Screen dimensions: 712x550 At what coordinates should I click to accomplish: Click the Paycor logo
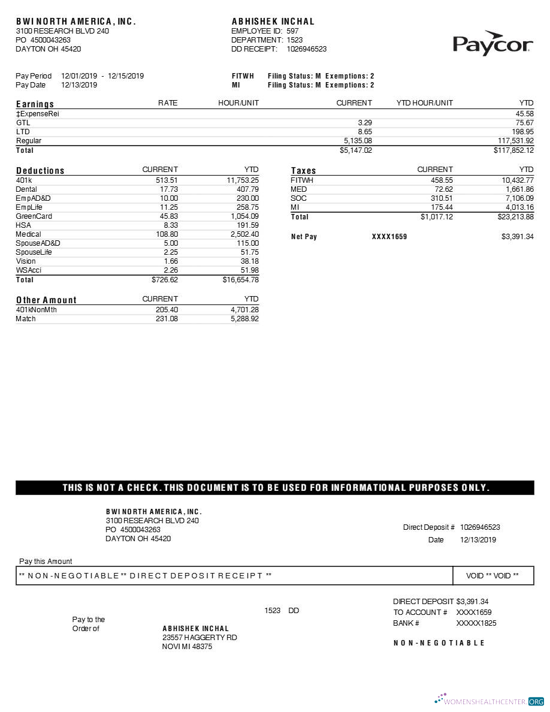click(492, 44)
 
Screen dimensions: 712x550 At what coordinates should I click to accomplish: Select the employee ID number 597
click(293, 31)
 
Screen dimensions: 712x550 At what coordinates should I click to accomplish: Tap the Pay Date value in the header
click(79, 85)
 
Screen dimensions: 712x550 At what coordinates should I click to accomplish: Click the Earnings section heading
click(35, 104)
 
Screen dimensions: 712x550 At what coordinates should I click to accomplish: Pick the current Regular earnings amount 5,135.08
click(358, 141)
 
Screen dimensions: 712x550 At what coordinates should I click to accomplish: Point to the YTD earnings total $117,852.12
click(513, 150)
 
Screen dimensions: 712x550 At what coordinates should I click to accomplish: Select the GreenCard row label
click(34, 216)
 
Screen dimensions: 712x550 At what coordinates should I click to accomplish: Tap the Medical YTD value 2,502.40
click(244, 234)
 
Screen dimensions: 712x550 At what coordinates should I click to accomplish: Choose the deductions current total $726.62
click(165, 280)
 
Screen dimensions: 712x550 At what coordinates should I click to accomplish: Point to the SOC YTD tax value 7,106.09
click(519, 198)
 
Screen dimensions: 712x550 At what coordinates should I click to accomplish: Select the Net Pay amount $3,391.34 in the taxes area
click(517, 237)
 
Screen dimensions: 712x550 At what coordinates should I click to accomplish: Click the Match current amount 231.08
click(167, 319)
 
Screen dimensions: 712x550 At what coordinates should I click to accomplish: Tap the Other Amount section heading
click(46, 300)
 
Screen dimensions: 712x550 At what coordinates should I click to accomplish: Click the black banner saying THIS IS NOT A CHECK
click(275, 488)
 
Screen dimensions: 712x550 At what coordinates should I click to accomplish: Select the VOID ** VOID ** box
click(492, 576)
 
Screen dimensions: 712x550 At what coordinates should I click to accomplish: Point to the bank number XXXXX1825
click(476, 623)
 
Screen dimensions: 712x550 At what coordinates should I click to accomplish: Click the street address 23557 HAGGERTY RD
click(200, 638)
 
